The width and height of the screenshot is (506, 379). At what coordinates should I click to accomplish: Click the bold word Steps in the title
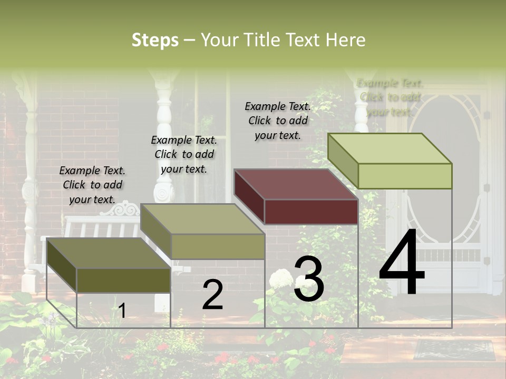point(155,40)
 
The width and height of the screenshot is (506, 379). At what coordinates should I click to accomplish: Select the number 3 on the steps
point(309,279)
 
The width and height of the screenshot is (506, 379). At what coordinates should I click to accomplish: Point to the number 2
point(212,295)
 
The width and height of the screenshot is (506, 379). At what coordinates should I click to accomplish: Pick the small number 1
point(122,311)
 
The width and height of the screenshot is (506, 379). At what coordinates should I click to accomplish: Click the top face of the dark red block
point(295,184)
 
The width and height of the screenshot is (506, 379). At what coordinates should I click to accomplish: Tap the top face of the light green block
point(390,148)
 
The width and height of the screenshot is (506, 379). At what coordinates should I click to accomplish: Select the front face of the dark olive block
point(123,280)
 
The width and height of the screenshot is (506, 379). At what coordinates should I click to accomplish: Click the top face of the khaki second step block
point(202,219)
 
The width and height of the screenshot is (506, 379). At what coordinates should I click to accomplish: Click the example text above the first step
point(92,185)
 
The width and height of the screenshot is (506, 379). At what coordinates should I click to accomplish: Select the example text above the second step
point(184,154)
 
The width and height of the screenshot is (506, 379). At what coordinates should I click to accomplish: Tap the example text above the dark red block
point(278,121)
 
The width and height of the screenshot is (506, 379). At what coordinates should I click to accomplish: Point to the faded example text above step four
point(390,97)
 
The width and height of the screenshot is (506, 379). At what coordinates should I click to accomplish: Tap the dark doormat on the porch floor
point(454,350)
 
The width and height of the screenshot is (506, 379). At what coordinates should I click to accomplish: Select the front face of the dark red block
point(311,212)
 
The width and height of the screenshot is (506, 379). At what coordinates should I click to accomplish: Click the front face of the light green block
point(405,176)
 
